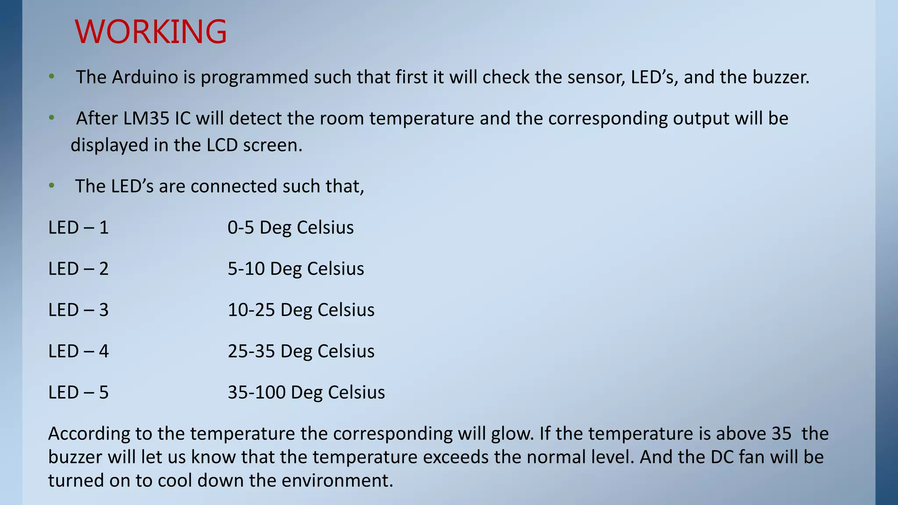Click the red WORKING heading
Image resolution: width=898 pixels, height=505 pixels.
[x=151, y=32]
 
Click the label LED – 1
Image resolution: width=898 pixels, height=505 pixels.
[x=78, y=228]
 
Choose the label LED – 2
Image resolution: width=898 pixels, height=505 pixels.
[x=78, y=269]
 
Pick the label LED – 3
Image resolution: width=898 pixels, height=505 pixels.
[x=78, y=310]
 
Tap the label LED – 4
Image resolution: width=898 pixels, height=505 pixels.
[x=78, y=351]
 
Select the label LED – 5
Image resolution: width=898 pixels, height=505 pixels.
[x=78, y=392]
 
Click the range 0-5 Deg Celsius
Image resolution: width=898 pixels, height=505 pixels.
[x=290, y=228]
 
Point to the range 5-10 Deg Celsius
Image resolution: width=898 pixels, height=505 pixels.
[x=296, y=269]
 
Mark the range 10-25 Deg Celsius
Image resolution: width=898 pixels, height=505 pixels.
[x=301, y=310]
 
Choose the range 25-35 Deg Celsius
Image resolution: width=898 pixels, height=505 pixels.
[x=301, y=351]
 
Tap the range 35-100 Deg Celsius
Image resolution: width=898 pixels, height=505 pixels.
[x=306, y=392]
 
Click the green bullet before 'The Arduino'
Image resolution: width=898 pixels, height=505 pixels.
[x=52, y=77]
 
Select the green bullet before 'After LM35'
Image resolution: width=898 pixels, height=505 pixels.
[x=52, y=118]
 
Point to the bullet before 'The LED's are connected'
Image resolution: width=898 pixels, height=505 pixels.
[x=52, y=186]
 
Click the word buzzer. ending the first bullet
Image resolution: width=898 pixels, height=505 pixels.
[x=781, y=77]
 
